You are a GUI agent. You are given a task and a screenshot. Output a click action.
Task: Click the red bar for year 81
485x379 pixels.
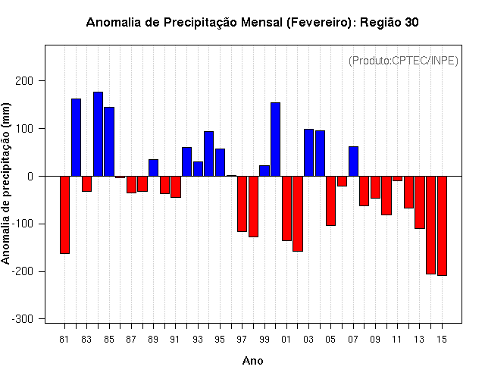(64, 215)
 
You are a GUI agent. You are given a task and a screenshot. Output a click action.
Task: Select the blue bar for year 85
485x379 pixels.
(109, 142)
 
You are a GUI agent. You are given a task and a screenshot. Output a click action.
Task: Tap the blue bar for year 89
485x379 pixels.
(153, 168)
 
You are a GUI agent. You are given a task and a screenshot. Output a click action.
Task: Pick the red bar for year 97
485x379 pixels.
(242, 204)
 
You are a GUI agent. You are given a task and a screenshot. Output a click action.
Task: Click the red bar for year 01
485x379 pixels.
(286, 208)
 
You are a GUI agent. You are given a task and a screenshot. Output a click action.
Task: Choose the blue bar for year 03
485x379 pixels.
(308, 152)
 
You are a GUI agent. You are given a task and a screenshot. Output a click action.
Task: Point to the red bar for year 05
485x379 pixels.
(330, 201)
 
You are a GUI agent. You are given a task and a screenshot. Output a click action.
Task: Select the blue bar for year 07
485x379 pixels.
(353, 161)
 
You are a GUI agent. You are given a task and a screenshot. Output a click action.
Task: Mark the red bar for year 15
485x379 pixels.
(442, 226)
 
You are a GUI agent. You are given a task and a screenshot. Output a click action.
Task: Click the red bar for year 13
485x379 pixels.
(420, 202)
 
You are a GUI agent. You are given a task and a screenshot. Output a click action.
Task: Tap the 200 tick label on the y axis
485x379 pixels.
(24, 81)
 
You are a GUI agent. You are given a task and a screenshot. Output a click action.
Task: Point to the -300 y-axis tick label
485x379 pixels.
(23, 319)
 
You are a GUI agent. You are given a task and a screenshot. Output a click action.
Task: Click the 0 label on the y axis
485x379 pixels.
(30, 177)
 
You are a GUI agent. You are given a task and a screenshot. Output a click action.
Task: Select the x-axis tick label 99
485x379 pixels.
(264, 340)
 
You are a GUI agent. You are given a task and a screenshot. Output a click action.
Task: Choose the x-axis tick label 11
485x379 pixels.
(397, 340)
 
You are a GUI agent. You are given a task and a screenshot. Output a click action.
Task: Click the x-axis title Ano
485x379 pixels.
(252, 361)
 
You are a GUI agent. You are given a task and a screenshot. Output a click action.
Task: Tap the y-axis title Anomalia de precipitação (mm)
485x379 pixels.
(5, 183)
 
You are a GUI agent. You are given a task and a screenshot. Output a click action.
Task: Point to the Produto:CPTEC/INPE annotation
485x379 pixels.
(403, 61)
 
